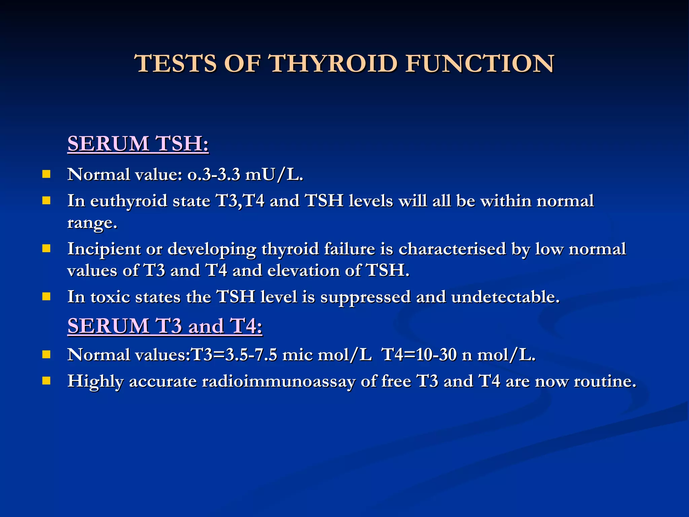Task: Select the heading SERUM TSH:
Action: click(x=138, y=144)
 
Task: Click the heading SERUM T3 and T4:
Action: click(x=165, y=326)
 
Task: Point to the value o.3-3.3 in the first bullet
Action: click(x=214, y=174)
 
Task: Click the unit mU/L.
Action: click(x=274, y=174)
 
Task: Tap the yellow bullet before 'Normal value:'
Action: click(x=46, y=174)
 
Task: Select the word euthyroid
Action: click(x=129, y=201)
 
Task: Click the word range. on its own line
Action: click(x=92, y=223)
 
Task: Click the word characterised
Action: click(x=452, y=249)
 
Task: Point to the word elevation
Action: click(x=303, y=271)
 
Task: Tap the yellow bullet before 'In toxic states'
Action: click(x=46, y=297)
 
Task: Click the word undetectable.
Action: click(x=505, y=297)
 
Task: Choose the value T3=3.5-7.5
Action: click(x=234, y=355)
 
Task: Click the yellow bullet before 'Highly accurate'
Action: click(x=46, y=381)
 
